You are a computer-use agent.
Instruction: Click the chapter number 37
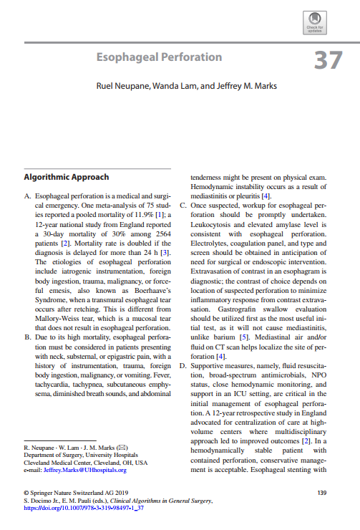[x=328, y=60]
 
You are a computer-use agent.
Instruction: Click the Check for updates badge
[x=315, y=22]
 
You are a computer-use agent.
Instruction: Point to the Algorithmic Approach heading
[x=67, y=176]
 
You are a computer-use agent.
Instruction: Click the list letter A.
[x=27, y=196]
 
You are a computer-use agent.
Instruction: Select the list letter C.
[x=183, y=205]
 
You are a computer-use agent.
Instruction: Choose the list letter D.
[x=183, y=366]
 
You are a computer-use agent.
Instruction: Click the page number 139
[x=321, y=493]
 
